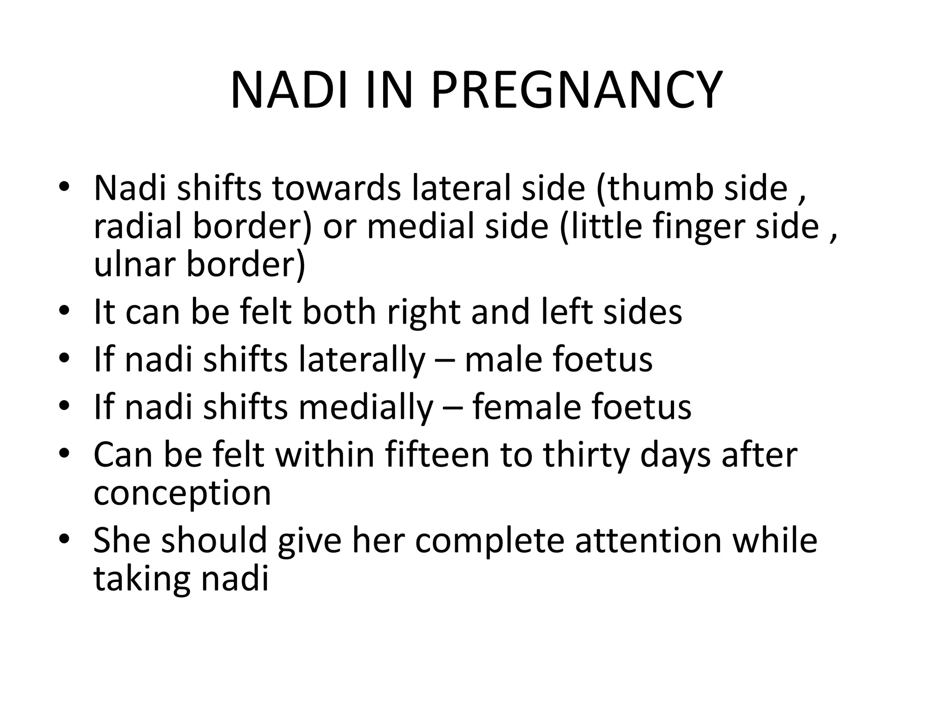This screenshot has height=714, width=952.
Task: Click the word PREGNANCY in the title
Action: point(576,90)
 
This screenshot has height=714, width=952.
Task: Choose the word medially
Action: point(365,408)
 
